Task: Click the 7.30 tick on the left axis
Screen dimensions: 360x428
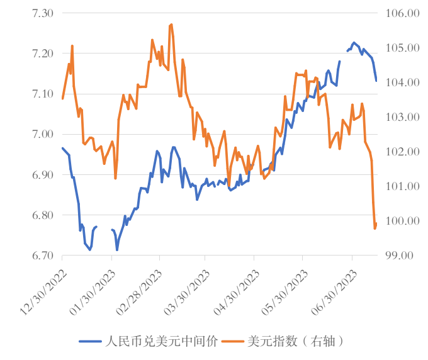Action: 42,13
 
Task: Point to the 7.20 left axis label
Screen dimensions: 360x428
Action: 42,53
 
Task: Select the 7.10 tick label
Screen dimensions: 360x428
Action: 42,94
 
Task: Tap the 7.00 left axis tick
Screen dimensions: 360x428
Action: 42,134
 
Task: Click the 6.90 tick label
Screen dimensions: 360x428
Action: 42,174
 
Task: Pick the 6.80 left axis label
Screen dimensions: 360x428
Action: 42,215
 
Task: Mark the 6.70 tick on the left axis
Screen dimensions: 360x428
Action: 42,256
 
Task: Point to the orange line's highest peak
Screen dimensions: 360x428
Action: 171,25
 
